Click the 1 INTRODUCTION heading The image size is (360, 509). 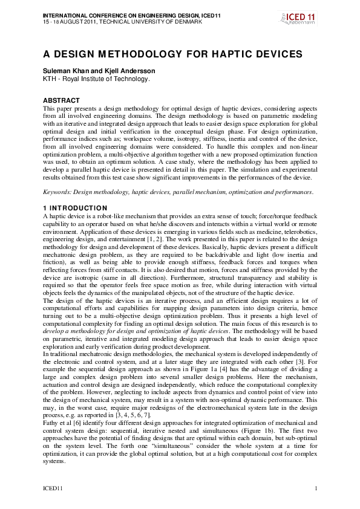point(73,207)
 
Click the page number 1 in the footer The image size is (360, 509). point(316,488)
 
